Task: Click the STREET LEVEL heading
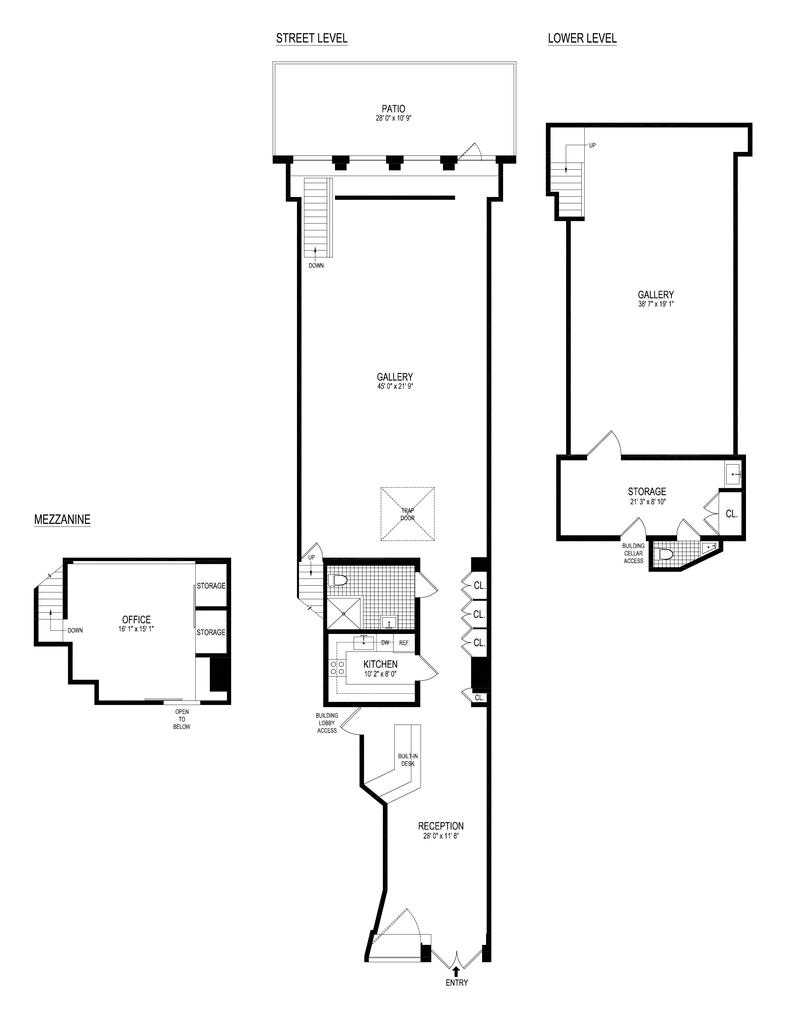tap(311, 38)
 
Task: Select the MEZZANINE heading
tap(62, 519)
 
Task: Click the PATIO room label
tap(393, 109)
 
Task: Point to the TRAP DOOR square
tap(408, 514)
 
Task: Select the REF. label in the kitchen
tap(404, 643)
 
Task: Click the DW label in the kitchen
tap(385, 643)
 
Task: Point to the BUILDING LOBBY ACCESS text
tap(327, 723)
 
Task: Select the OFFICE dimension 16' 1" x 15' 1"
tap(136, 629)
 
